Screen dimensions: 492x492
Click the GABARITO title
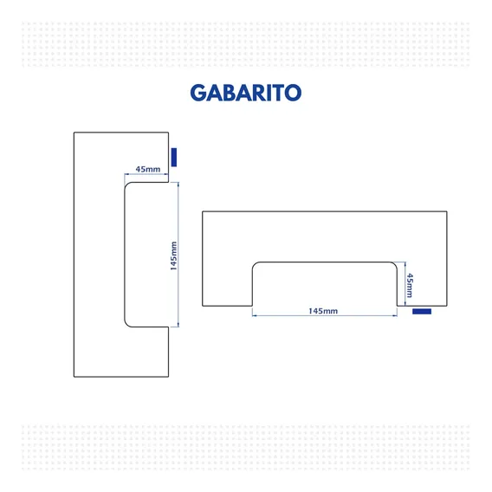[x=246, y=93]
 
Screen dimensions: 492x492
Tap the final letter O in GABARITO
[x=293, y=93]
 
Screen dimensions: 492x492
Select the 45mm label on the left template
[x=148, y=169]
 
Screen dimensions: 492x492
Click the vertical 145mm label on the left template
[x=173, y=256]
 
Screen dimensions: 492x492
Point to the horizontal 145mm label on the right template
[x=323, y=311]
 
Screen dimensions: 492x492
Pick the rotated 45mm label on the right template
[x=410, y=285]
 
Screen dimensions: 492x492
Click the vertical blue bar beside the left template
[x=174, y=157]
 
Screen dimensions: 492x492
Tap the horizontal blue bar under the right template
[x=422, y=311]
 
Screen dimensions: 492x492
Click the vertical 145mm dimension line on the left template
[x=178, y=255]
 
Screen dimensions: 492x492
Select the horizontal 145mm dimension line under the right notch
[x=325, y=315]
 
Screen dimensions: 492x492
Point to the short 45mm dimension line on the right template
[x=405, y=283]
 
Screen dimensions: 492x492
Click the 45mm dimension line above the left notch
[x=146, y=174]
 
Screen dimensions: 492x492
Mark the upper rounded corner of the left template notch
[x=126, y=184]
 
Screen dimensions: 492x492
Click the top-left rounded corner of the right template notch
[x=255, y=264]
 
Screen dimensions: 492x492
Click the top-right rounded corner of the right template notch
[x=395, y=264]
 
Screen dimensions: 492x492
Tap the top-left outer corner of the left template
[x=74, y=133]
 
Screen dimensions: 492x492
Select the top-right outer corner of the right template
[x=447, y=211]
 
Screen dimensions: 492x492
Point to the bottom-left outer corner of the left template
[x=74, y=377]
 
